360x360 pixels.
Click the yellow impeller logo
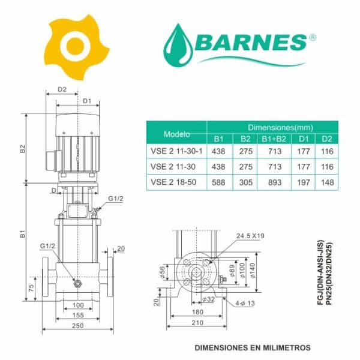click(76, 47)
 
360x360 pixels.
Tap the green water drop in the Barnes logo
click(178, 46)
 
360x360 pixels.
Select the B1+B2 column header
click(274, 139)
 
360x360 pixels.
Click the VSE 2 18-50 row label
click(173, 182)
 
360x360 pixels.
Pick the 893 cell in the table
click(275, 182)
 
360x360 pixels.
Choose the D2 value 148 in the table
click(327, 182)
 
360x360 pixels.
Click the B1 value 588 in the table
click(218, 182)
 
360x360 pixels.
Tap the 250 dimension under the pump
click(78, 326)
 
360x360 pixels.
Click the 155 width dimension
click(78, 315)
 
